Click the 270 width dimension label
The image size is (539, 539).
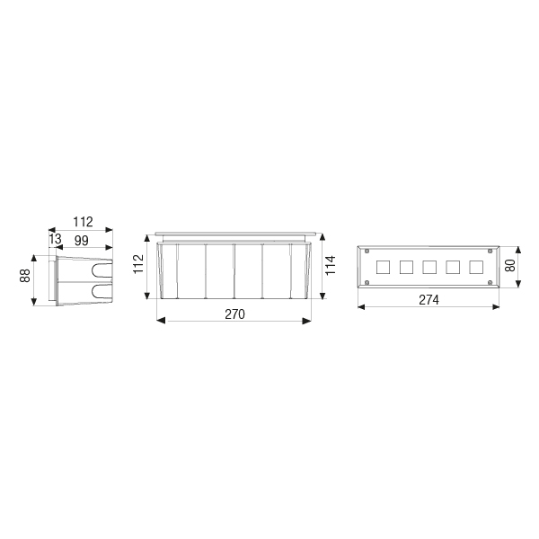click(x=234, y=314)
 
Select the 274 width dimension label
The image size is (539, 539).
click(x=429, y=300)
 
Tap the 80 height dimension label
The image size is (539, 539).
click(x=510, y=265)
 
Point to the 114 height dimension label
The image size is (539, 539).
click(x=331, y=265)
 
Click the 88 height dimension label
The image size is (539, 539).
click(x=25, y=276)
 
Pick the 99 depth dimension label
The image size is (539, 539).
click(x=82, y=241)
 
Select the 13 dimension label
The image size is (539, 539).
click(x=55, y=239)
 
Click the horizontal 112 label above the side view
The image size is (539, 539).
click(x=83, y=222)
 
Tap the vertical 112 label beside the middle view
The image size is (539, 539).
click(x=138, y=264)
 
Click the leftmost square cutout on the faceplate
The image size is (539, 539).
click(x=383, y=267)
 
